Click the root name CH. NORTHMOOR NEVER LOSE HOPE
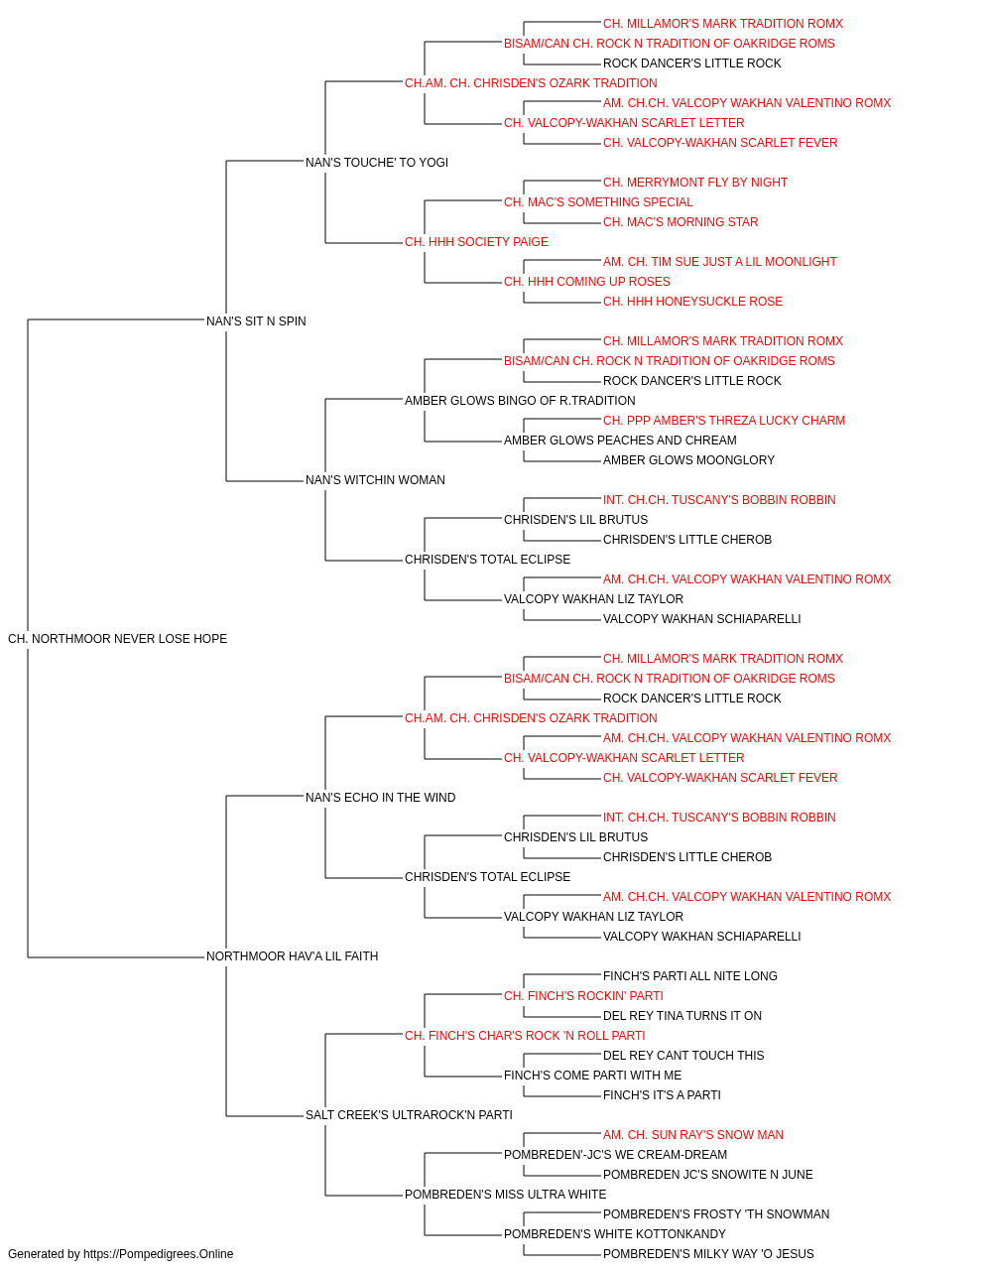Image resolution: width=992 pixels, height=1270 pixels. [117, 639]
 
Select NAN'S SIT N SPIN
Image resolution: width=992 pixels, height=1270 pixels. [256, 321]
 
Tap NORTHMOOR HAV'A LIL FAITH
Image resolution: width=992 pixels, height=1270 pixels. [292, 956]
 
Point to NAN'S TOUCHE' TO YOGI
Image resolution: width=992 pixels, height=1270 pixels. [377, 163]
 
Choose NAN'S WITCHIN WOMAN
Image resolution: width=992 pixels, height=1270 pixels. [375, 480]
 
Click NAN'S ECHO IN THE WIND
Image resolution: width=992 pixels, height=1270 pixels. [380, 797]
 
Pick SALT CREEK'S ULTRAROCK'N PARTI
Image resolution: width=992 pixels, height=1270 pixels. [409, 1114]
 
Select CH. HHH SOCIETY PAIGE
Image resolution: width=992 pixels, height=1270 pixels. [477, 242]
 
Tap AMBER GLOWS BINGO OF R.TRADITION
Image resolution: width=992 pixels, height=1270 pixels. [520, 400]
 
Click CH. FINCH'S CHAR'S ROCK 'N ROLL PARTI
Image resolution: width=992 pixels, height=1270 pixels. [525, 1036]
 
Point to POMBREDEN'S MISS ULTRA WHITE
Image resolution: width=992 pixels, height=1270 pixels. [505, 1194]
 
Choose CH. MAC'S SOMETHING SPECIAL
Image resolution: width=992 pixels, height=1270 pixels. [598, 202]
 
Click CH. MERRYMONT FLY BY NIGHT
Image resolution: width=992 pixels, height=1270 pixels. [695, 183]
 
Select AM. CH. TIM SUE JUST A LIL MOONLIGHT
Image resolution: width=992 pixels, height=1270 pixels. [720, 262]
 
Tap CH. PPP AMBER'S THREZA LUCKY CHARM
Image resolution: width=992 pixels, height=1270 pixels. [724, 421]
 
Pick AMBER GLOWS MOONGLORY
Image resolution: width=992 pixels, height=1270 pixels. [688, 460]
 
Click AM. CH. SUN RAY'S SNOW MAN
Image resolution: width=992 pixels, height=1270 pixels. [692, 1134]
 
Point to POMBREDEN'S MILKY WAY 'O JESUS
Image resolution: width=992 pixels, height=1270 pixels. [708, 1254]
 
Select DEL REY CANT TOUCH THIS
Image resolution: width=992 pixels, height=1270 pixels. [683, 1055]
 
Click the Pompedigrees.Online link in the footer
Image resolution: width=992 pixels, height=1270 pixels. [159, 1254]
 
